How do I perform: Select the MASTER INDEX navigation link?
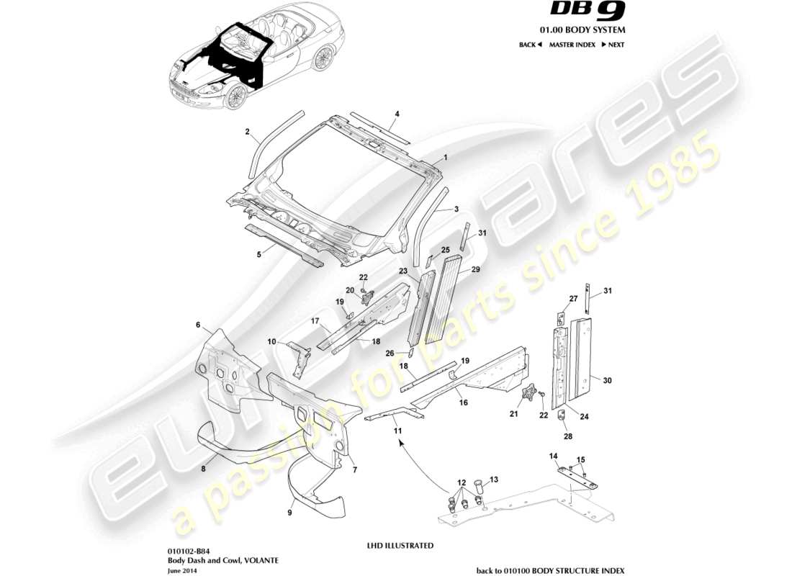click(x=572, y=45)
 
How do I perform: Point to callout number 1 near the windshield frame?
click(x=446, y=156)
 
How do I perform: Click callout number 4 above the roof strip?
click(x=397, y=114)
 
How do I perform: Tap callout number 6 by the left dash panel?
click(x=198, y=325)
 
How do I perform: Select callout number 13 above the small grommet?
click(x=493, y=479)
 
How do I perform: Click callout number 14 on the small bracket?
click(x=554, y=456)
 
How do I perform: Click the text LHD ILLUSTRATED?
click(x=400, y=546)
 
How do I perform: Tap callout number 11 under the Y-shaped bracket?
click(x=396, y=430)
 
